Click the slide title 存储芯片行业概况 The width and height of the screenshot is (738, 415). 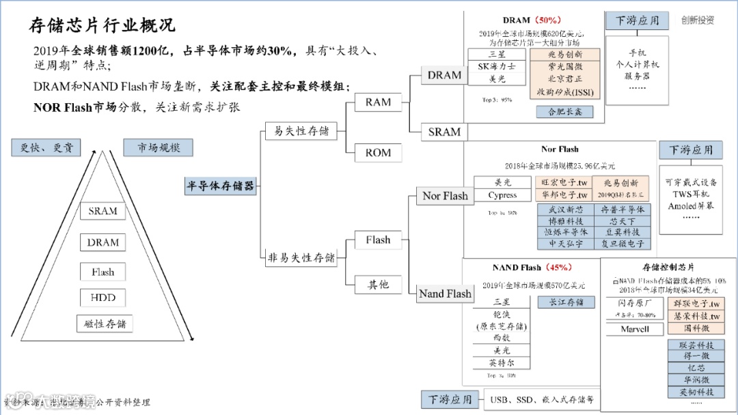coord(102,25)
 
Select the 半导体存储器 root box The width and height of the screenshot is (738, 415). coord(220,186)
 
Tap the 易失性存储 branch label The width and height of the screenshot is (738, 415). coord(301,130)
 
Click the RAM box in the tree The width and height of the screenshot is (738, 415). coord(378,102)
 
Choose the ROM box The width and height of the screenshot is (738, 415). coord(378,152)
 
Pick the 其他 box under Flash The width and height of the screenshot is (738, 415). coord(378,284)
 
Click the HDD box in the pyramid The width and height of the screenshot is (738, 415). coord(103,298)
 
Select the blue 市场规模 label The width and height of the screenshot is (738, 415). coord(157,147)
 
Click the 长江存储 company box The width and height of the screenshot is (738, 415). coord(566,302)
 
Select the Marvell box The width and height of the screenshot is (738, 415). coord(635,329)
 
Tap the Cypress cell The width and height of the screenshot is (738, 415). coord(502,195)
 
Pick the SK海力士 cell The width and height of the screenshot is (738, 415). coord(497,66)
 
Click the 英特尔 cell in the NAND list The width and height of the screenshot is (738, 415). coord(502,362)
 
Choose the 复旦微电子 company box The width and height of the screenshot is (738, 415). coord(622,242)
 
